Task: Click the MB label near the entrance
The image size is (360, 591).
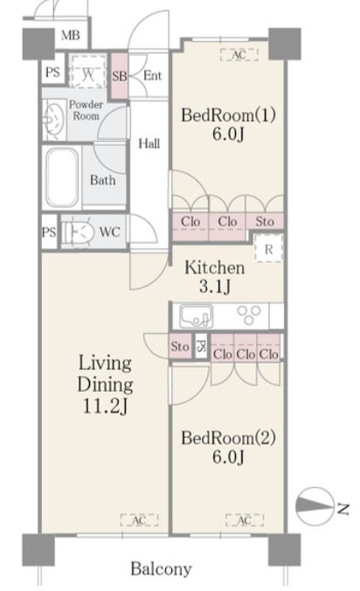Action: pyautogui.click(x=71, y=36)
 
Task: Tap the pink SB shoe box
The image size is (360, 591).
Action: pyautogui.click(x=120, y=76)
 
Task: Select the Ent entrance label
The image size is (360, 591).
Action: pyautogui.click(x=152, y=75)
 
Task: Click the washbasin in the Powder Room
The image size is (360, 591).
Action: pyautogui.click(x=53, y=119)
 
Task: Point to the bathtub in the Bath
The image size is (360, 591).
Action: pyautogui.click(x=62, y=177)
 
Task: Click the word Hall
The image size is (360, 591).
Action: pyautogui.click(x=149, y=143)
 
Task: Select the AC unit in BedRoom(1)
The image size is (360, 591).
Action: pyautogui.click(x=239, y=55)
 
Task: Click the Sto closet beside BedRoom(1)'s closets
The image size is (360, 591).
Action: pyautogui.click(x=265, y=221)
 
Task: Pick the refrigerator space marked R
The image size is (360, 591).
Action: pyautogui.click(x=268, y=248)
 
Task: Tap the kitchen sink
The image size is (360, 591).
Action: pyautogui.click(x=196, y=316)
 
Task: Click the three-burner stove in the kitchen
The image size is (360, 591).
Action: pyautogui.click(x=249, y=315)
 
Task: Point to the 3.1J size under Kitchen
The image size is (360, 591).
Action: pyautogui.click(x=215, y=287)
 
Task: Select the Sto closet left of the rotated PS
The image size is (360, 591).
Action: pyautogui.click(x=180, y=346)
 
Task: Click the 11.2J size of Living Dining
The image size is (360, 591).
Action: pyautogui.click(x=106, y=406)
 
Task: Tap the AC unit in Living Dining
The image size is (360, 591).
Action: pyautogui.click(x=139, y=520)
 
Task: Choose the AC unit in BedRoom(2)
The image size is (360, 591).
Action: pyautogui.click(x=245, y=520)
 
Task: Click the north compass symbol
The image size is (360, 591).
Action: pyautogui.click(x=315, y=506)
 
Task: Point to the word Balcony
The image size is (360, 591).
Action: pyautogui.click(x=161, y=568)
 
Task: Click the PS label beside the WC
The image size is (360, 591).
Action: pyautogui.click(x=49, y=232)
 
